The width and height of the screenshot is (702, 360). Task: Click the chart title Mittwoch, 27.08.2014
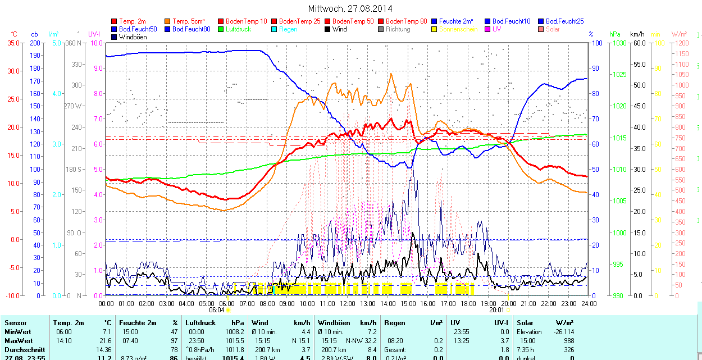pos(350,8)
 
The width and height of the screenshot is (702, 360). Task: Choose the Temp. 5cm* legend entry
pos(189,21)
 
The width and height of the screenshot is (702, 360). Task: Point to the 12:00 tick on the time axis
pos(347,304)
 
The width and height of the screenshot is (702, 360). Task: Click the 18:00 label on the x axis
pos(468,304)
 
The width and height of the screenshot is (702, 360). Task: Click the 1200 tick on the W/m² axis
pos(681,43)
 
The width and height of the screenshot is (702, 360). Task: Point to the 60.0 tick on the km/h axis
pos(638,43)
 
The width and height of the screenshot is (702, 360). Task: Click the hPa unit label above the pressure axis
pos(615,34)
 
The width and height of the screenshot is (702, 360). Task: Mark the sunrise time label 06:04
pos(216,309)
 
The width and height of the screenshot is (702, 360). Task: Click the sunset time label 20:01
pos(496,309)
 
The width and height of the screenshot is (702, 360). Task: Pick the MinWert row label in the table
pos(19,332)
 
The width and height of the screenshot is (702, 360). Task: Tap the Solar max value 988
pos(568,341)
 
